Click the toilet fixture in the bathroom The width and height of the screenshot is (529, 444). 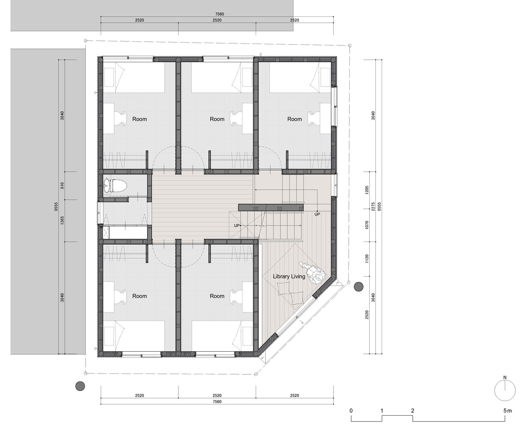[115, 186]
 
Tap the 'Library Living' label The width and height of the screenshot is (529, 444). [289, 276]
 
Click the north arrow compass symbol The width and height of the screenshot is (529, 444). [505, 390]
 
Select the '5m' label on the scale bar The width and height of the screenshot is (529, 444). [507, 411]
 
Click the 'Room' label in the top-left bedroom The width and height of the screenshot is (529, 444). [139, 119]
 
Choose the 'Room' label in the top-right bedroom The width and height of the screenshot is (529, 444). [295, 119]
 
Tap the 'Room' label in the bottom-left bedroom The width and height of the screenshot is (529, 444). [139, 296]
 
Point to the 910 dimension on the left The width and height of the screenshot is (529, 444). [62, 186]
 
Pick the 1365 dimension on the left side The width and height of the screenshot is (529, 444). [62, 221]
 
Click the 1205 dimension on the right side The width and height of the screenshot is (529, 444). [367, 190]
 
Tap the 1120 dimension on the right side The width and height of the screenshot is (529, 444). [367, 259]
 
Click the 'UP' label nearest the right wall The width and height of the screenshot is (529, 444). [317, 214]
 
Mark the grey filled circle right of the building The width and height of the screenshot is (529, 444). [358, 287]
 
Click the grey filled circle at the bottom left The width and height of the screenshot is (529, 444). [80, 386]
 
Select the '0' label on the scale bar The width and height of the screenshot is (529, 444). [351, 411]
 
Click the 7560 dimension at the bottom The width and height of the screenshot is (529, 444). [217, 401]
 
